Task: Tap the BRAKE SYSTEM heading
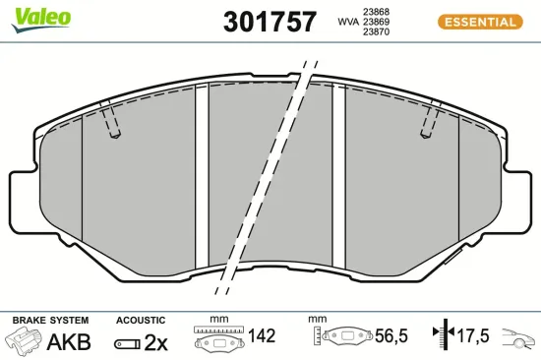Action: [49, 321]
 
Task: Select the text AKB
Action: [69, 342]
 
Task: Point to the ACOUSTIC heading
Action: [141, 321]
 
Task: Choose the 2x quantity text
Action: [156, 342]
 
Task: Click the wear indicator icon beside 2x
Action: [128, 343]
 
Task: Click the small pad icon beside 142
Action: [219, 341]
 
